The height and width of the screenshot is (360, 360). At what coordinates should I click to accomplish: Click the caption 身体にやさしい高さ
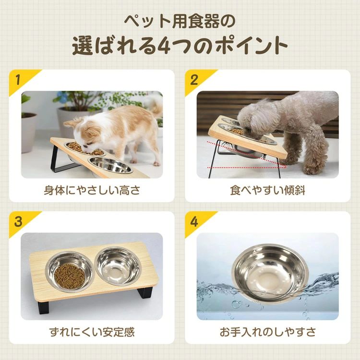point(92,191)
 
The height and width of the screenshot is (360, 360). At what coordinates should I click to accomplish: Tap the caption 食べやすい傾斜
point(268,191)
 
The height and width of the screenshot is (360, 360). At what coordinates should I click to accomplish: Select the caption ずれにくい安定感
point(92,332)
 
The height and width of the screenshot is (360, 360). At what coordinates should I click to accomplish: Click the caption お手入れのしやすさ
point(268,332)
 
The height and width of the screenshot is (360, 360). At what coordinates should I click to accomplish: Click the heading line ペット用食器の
point(180,21)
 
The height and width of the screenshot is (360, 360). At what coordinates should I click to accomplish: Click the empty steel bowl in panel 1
point(110,165)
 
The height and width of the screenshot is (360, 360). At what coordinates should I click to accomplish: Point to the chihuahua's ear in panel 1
point(70,123)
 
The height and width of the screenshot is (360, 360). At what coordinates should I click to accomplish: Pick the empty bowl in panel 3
point(118,266)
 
